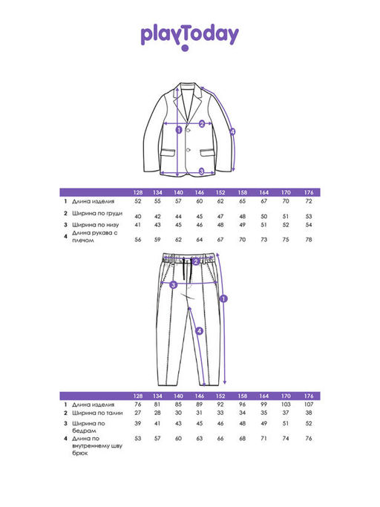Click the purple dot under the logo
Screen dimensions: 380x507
pos(185,48)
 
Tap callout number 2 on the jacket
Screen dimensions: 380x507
pos(202,123)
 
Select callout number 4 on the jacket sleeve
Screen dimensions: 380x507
pos(232,131)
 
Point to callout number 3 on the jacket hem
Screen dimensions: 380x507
pos(201,171)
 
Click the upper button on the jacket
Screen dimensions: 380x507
pos(188,131)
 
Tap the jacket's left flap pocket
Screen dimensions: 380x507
pos(168,153)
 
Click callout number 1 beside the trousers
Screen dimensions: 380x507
pos(224,298)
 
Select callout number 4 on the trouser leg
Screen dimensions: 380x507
pos(199,331)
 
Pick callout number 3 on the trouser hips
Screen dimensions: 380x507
pos(174,285)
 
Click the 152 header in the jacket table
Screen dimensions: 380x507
pos(220,192)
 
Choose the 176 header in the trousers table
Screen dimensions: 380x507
pos(309,396)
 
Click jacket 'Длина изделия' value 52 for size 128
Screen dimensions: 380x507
pos(138,201)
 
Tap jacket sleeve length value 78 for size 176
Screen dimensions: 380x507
pos(309,240)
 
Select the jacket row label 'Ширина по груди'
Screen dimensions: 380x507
pos(97,213)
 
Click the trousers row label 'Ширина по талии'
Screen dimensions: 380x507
pos(97,413)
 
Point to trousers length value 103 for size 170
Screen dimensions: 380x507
pos(286,405)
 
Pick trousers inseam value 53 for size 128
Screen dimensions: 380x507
pos(138,439)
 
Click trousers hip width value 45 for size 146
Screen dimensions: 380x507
pos(200,423)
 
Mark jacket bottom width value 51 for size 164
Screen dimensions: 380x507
pos(264,225)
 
